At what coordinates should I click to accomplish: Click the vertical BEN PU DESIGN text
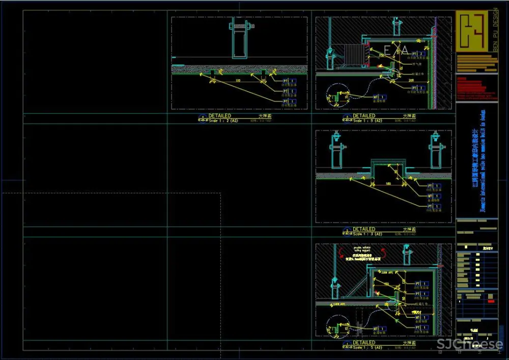tap(495, 30)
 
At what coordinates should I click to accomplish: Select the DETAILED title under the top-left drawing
tap(219, 116)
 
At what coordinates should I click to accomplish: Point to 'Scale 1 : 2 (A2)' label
tap(223, 121)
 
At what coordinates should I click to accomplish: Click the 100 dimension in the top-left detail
tap(237, 80)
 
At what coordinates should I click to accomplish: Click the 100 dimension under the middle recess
tap(388, 183)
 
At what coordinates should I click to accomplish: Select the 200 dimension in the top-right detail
tap(410, 80)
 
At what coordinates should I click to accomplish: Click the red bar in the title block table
tap(491, 301)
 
